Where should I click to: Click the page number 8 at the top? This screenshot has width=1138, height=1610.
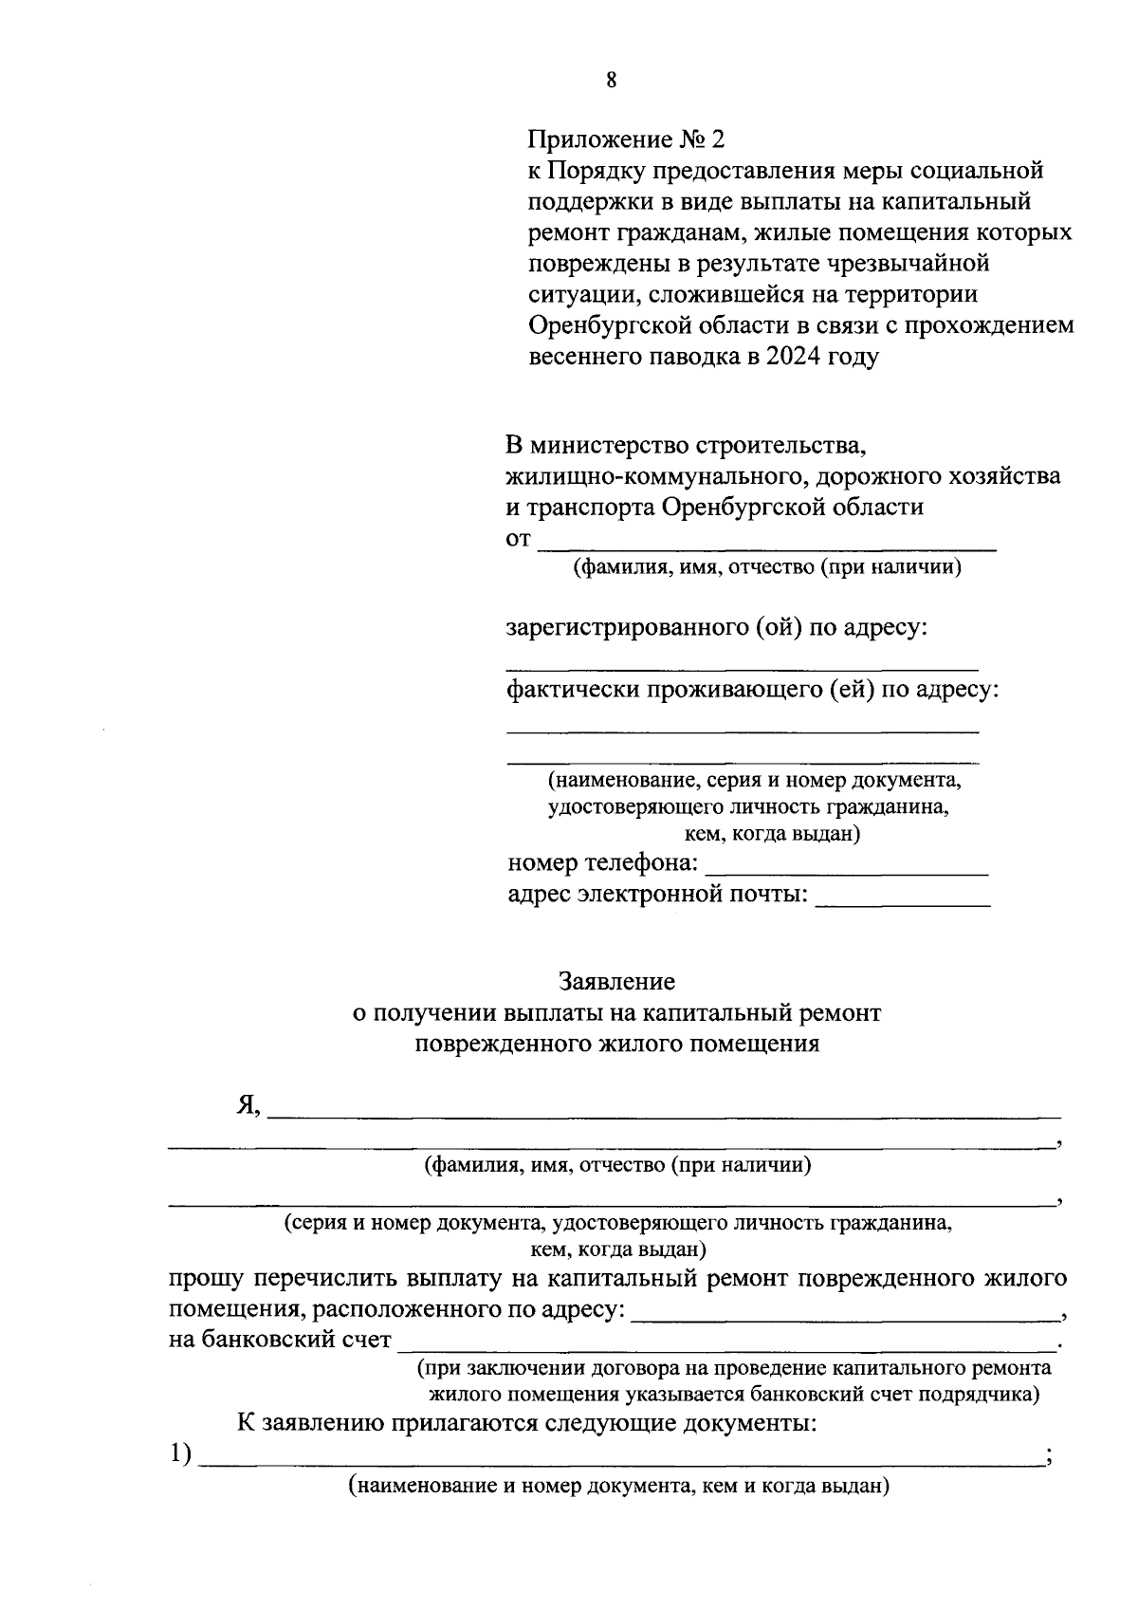tap(611, 81)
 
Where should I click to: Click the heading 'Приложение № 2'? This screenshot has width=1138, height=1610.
tap(625, 140)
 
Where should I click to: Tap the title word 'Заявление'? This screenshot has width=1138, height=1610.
tap(616, 980)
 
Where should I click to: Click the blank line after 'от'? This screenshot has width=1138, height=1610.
tap(768, 543)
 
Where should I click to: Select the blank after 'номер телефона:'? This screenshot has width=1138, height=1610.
tap(847, 866)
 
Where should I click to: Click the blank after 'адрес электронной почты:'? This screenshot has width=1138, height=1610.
tap(902, 898)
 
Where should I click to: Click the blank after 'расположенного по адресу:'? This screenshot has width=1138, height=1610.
tap(846, 1312)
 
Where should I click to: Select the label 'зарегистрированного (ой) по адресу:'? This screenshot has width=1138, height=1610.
tap(716, 628)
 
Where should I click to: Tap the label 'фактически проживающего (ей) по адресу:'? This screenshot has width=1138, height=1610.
tap(753, 690)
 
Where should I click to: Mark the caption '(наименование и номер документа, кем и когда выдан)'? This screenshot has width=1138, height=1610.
tap(618, 1486)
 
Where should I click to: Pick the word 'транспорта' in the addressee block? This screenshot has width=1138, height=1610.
tap(588, 507)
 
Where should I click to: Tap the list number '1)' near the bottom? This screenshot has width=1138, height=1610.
tap(181, 1453)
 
